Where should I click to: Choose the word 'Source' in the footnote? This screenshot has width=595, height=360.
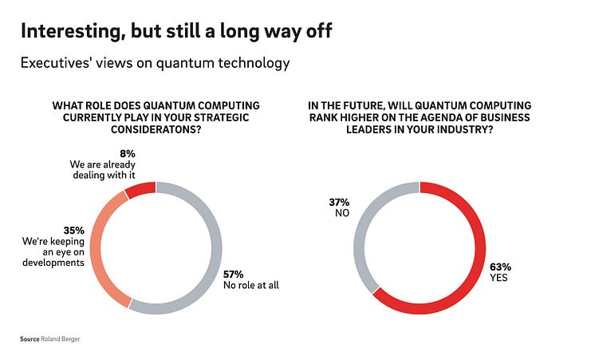pyautogui.click(x=30, y=339)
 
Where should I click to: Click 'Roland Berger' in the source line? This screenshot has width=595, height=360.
pyautogui.click(x=61, y=339)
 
